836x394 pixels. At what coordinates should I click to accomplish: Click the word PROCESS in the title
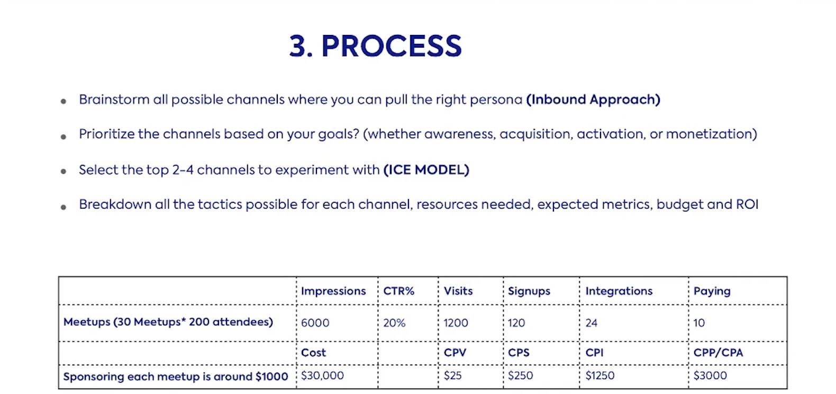(x=391, y=46)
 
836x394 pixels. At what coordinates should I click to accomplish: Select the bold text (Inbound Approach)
(x=593, y=100)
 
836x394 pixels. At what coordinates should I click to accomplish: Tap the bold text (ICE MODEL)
(x=426, y=170)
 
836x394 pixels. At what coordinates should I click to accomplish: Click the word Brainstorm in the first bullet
(x=114, y=100)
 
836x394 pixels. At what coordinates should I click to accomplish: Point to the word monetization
(x=711, y=134)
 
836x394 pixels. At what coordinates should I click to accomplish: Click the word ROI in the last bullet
(x=747, y=204)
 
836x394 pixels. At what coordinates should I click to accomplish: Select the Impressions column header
(x=333, y=291)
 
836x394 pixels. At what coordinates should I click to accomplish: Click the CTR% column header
(x=398, y=291)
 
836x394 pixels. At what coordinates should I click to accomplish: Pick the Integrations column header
(x=619, y=291)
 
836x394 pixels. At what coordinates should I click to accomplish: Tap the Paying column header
(x=712, y=291)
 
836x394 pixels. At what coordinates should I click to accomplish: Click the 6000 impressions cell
(x=315, y=323)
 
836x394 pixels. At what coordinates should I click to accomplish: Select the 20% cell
(x=394, y=323)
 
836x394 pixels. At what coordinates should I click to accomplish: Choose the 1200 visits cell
(x=456, y=323)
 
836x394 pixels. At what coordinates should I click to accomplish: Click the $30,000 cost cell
(x=322, y=375)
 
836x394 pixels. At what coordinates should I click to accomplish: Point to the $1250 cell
(x=599, y=375)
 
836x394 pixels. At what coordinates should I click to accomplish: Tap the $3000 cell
(x=710, y=375)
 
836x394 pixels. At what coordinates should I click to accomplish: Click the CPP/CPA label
(x=718, y=353)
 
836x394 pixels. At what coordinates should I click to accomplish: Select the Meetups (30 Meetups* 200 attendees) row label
(x=168, y=322)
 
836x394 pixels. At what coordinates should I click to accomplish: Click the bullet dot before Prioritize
(x=63, y=137)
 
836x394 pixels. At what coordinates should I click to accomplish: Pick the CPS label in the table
(x=518, y=353)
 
